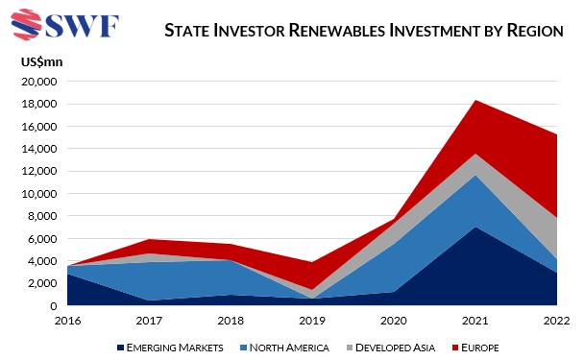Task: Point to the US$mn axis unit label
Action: pos(40,62)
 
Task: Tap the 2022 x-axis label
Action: pos(557,321)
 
